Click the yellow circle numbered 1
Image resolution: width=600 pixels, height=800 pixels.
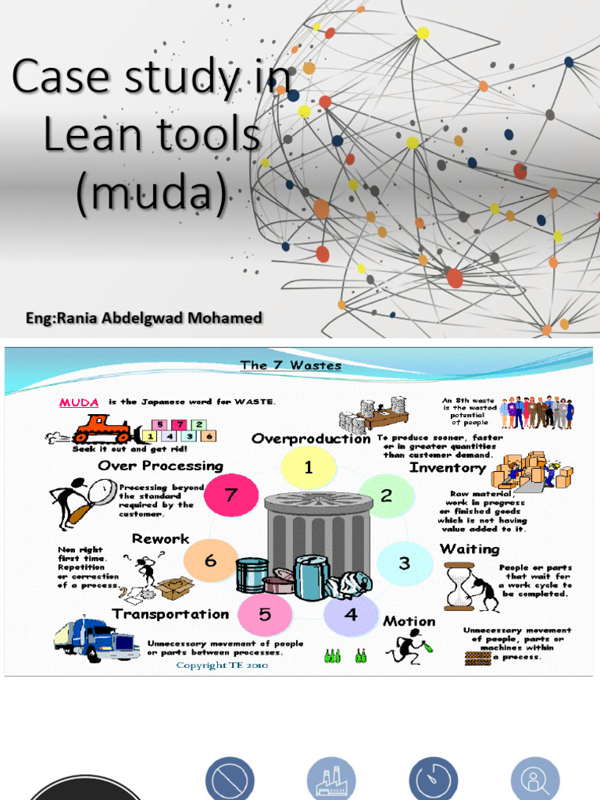point(309,468)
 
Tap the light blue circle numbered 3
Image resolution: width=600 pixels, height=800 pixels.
point(404,563)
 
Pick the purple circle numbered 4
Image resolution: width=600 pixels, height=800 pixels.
point(351,615)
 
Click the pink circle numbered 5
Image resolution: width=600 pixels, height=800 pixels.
point(265,615)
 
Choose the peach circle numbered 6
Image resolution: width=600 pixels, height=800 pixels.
point(210,561)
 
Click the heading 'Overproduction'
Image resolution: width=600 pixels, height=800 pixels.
point(311,439)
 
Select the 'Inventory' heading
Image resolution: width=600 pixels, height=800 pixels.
point(448,468)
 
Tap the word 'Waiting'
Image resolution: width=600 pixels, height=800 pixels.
point(470,549)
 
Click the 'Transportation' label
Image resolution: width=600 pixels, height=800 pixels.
point(170,614)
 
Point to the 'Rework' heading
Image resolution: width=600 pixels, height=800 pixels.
point(160,539)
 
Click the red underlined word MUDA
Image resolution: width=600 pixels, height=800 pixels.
point(79,402)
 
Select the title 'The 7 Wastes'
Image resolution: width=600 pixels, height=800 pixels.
point(291,365)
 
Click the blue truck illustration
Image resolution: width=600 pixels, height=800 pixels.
point(97,638)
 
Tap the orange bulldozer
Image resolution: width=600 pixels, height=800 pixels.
point(102,428)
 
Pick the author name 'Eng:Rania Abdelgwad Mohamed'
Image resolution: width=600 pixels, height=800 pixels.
point(144,318)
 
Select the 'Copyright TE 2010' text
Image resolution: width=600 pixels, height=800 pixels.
point(222,665)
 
